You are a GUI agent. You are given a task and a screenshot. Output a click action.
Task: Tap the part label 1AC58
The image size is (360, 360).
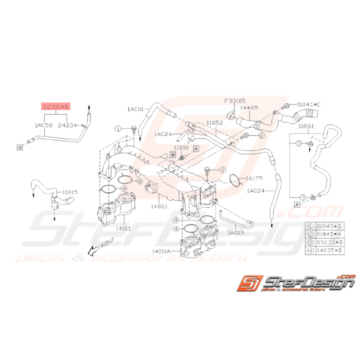[43, 125]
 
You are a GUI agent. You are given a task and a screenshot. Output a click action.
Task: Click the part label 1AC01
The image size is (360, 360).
[135, 109]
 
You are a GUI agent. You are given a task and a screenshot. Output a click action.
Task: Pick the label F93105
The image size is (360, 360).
[235, 101]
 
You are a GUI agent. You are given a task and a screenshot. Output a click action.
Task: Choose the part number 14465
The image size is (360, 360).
[249, 109]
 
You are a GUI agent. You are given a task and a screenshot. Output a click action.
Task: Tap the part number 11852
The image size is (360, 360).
[215, 123]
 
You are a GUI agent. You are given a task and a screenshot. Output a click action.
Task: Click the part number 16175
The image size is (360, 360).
[255, 179]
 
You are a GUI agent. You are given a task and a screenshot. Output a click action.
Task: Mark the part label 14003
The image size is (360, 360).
[159, 207]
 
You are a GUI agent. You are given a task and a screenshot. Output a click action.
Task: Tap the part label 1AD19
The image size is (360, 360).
[235, 233]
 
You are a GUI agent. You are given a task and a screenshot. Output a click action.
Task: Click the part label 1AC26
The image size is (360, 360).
[163, 134]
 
